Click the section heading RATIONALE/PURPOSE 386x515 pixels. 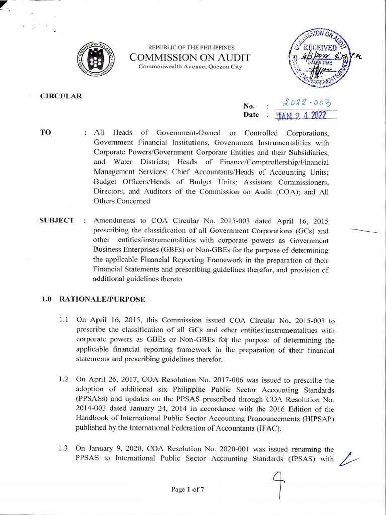103,299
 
